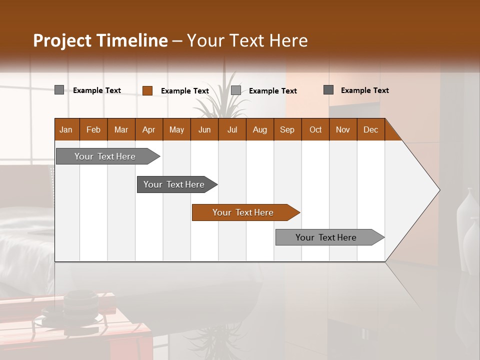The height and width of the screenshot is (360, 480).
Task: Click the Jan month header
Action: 66,129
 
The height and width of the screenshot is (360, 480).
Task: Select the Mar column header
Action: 121,129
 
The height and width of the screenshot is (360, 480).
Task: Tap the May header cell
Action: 176,129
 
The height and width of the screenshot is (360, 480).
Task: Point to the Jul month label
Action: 232,129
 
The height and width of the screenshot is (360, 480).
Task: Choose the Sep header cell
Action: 287,129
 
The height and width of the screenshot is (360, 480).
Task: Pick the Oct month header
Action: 315,129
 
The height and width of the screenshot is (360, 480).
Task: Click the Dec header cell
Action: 370,129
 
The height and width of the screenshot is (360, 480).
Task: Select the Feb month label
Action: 93,129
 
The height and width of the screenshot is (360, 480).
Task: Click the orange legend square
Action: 147,90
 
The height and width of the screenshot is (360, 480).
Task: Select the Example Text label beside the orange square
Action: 184,91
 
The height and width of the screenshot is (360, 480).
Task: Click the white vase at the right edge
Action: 467,220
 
